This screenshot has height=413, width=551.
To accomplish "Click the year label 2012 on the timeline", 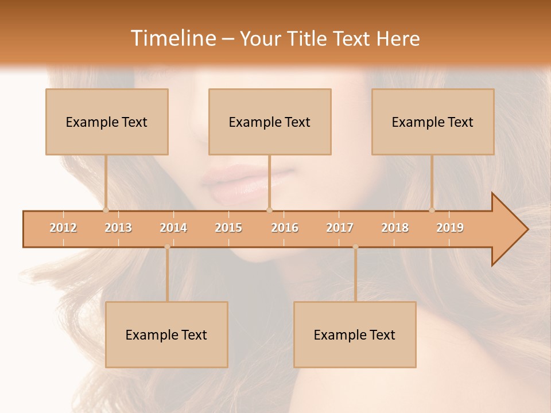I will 63,228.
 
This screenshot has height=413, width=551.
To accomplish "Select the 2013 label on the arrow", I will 118,228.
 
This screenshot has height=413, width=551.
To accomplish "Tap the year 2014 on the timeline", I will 173,228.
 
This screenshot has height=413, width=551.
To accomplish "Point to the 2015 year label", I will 228,228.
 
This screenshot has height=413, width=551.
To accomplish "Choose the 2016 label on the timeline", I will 285,228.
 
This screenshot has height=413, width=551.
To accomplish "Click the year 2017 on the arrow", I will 340,228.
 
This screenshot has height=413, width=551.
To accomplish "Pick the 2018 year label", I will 395,228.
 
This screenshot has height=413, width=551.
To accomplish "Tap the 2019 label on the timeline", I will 450,228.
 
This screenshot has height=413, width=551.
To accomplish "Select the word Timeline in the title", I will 172,38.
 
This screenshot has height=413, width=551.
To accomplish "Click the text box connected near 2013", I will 107,122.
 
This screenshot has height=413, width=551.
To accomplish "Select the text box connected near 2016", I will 270,122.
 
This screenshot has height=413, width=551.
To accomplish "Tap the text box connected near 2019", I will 433,122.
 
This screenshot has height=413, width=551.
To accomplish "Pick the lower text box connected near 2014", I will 166,334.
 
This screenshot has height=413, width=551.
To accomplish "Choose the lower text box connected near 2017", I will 355,334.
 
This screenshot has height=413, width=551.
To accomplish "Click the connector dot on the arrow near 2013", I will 106,210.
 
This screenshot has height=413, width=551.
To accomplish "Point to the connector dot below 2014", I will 167,247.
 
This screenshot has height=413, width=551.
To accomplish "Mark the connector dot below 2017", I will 355,247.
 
